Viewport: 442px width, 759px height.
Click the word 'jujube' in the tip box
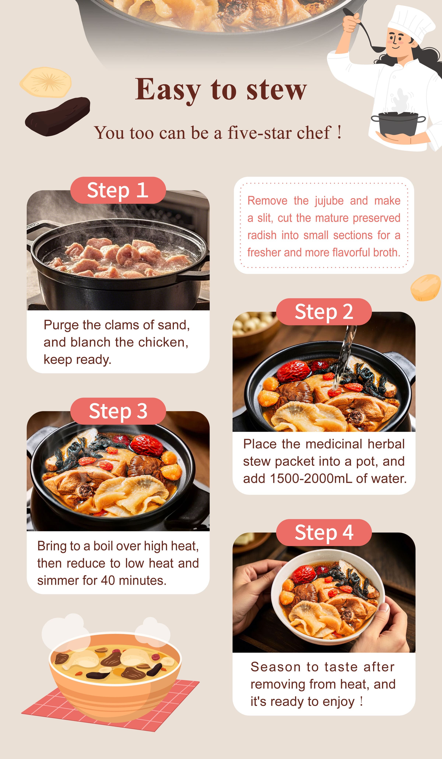(329, 201)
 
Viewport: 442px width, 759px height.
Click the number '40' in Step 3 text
(108, 580)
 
